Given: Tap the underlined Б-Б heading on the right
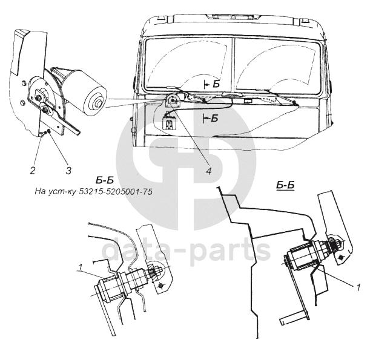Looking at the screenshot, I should pos(285,186).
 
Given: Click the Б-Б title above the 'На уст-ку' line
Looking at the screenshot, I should pos(105,180).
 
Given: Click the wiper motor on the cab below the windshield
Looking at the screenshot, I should pos(172,102).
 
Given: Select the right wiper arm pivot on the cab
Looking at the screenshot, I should pos(294,103).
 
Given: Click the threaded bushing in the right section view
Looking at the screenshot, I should pos(306,256).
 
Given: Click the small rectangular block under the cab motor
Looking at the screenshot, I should pos(170,125).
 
